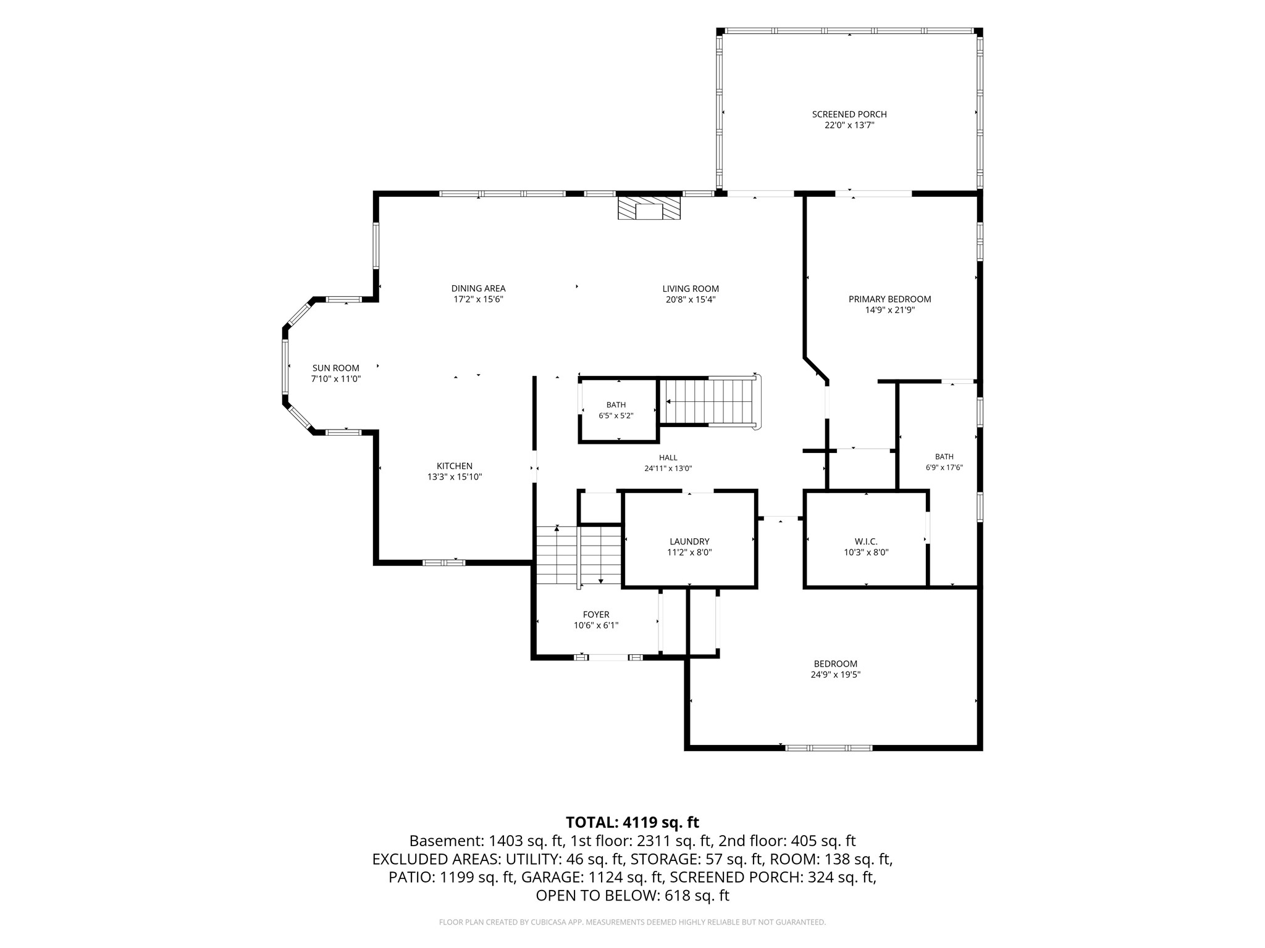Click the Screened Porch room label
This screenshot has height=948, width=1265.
point(849,114)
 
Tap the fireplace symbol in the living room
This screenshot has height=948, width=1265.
point(649,208)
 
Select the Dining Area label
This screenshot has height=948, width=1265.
point(478,288)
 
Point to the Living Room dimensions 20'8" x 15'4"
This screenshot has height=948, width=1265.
point(691,300)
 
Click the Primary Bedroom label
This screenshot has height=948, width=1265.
point(889,299)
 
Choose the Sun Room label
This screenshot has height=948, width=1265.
point(335,368)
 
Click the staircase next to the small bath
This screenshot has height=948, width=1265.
point(710,401)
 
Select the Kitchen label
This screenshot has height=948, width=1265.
point(455,466)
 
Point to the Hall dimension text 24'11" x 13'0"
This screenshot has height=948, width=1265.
point(668,468)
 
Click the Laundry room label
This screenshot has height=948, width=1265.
point(689,542)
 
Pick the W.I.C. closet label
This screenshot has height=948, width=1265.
point(866,542)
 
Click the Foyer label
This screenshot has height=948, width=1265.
point(596,615)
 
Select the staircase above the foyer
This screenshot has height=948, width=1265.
point(579,555)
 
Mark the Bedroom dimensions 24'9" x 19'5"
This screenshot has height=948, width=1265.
point(836,675)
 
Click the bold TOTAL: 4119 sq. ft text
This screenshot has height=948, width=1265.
point(632,823)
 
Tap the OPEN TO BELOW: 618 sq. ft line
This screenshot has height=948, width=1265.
point(632,896)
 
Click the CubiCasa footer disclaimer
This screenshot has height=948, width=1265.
point(632,922)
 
